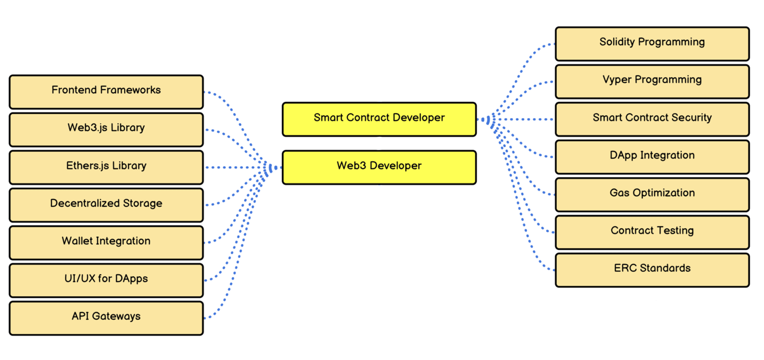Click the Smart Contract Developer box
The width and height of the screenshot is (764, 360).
click(x=379, y=119)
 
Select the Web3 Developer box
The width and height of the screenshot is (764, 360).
click(x=379, y=167)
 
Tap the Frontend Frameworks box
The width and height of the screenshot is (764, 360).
click(x=106, y=92)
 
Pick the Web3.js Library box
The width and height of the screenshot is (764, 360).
click(x=106, y=130)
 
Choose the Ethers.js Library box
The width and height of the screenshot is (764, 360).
click(x=106, y=167)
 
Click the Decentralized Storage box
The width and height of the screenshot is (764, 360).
click(x=106, y=205)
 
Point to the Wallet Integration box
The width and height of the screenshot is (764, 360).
click(x=106, y=243)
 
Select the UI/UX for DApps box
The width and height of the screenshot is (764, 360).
click(x=106, y=280)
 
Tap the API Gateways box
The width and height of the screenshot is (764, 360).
click(x=106, y=318)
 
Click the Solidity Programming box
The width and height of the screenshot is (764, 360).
click(x=652, y=44)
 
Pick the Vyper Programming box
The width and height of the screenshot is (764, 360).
click(x=652, y=82)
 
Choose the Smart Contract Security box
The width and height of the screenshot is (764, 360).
click(x=652, y=119)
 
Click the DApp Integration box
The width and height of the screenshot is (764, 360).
click(x=652, y=157)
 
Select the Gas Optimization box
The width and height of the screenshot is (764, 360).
click(x=652, y=195)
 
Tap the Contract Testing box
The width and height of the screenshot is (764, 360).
click(x=652, y=232)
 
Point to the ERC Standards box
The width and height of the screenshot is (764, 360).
click(x=652, y=270)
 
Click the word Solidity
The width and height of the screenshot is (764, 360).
click(x=617, y=42)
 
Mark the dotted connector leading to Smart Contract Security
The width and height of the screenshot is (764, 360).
click(x=525, y=119)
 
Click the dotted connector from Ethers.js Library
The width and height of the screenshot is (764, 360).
click(x=235, y=167)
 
